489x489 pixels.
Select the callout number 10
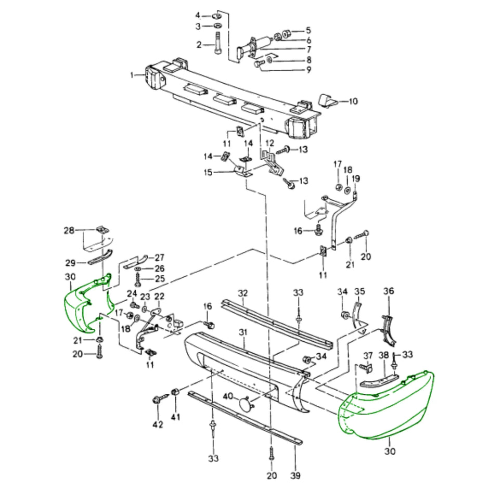pyautogui.click(x=353, y=101)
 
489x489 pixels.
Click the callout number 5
pyautogui.click(x=308, y=30)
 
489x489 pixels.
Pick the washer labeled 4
pyautogui.click(x=216, y=15)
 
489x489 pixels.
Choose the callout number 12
pyautogui.click(x=269, y=143)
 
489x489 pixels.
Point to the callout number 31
pyautogui.click(x=241, y=332)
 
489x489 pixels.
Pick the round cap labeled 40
pyautogui.click(x=244, y=404)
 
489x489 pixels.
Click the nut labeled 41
pyautogui.click(x=175, y=392)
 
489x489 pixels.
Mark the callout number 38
pyautogui.click(x=383, y=355)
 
